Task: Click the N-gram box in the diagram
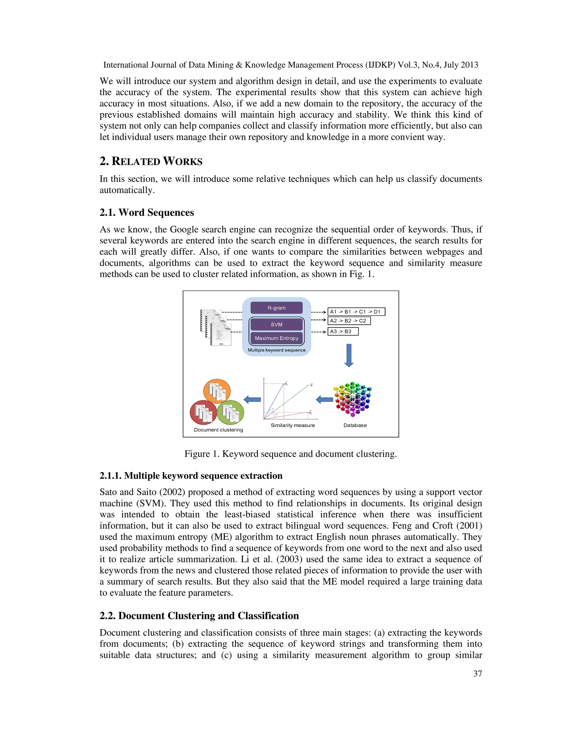(x=276, y=308)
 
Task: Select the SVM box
(x=276, y=324)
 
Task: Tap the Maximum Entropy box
(x=276, y=338)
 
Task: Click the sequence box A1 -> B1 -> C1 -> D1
(x=356, y=312)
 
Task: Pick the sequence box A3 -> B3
(x=343, y=331)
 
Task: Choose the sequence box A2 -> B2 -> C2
(x=349, y=321)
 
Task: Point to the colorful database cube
(x=352, y=399)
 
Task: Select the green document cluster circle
(x=231, y=412)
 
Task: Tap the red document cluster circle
(x=203, y=412)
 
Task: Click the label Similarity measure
(x=292, y=425)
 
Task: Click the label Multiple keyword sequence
(x=276, y=350)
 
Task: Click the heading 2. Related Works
(x=151, y=161)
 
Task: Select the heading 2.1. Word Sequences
(x=147, y=213)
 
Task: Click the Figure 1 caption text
(x=290, y=454)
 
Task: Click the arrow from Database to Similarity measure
(x=325, y=399)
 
